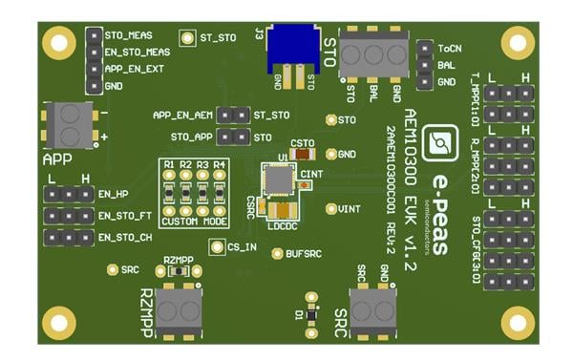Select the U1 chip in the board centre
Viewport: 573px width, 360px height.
pos(280,179)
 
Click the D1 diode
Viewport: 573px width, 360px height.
pos(311,302)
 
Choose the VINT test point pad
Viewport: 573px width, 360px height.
pos(330,208)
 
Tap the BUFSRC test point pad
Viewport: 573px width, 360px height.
pos(277,253)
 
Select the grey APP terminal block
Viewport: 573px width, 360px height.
pos(70,122)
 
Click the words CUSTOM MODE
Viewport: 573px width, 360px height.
pos(195,222)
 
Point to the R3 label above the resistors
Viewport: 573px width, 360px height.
pos(202,165)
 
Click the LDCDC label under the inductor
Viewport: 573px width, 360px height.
pos(284,226)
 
